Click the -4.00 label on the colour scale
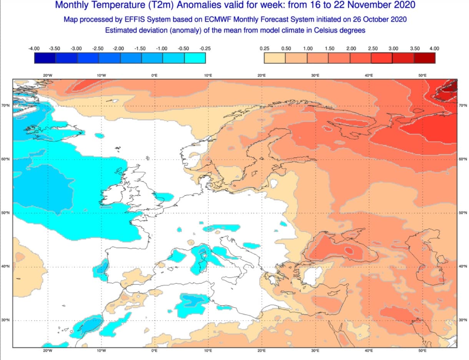[x=34, y=48]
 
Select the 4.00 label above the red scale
[x=434, y=48]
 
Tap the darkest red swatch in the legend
[x=424, y=58]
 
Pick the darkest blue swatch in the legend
[x=45, y=58]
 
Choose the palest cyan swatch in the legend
[x=195, y=58]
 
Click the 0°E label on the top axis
[x=155, y=75]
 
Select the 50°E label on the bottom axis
[x=422, y=351]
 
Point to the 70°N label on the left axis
[x=5, y=105]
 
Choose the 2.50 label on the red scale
[x=373, y=48]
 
